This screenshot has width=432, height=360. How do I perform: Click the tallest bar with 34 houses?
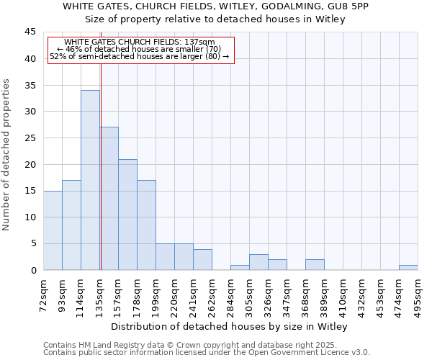coord(90,180)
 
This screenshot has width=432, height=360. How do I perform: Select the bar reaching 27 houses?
coord(109,199)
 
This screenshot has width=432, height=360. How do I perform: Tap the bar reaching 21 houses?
coord(127,215)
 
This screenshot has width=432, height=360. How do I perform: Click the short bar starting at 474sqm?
coord(408,268)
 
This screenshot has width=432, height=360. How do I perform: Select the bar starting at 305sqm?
coord(258,263)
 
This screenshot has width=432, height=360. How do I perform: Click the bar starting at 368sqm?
coord(315,265)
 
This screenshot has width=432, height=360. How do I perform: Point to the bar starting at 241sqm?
coord(202,260)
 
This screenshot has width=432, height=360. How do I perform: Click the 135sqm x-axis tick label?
coord(99,294)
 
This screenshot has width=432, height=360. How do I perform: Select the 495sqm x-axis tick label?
coord(418,294)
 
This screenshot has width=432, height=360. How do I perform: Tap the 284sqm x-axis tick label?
coord(230,294)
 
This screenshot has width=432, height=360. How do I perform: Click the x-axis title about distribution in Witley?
coord(230,327)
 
